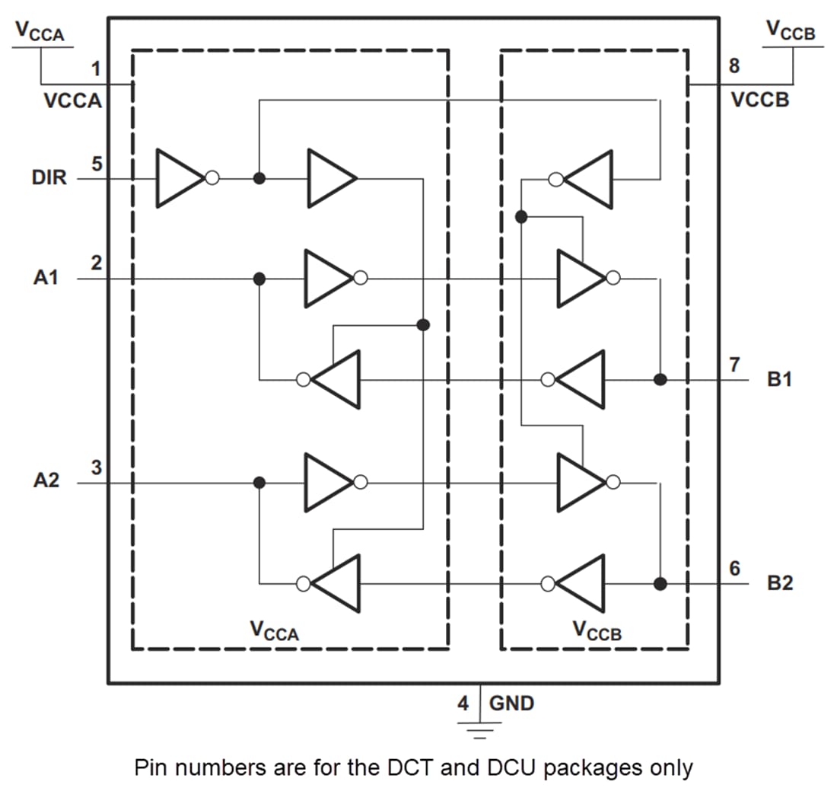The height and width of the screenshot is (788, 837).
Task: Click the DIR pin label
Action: (x=49, y=178)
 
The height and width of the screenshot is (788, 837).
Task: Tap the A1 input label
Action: (x=46, y=278)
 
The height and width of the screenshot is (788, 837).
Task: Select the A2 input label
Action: (x=46, y=482)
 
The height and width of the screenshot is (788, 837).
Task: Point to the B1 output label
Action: (x=780, y=379)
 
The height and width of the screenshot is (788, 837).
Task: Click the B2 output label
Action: (x=780, y=584)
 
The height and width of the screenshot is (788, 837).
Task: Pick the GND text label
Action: (x=511, y=703)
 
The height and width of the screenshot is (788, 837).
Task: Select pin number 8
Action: (x=734, y=66)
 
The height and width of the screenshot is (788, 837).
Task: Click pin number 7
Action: (x=734, y=364)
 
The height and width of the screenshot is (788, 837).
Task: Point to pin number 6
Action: (x=734, y=568)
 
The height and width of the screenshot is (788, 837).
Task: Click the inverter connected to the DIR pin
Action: (x=183, y=178)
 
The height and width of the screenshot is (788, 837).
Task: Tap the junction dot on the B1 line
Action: (x=660, y=379)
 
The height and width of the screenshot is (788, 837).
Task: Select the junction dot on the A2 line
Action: (x=259, y=482)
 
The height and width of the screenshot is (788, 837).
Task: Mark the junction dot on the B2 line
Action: (x=660, y=584)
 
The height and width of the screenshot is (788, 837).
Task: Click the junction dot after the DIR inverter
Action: (x=259, y=178)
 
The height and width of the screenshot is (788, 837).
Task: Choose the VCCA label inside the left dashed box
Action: (x=274, y=630)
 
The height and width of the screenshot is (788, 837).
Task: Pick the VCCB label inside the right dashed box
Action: (x=597, y=630)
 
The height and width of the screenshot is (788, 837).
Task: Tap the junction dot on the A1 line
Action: (x=259, y=279)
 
